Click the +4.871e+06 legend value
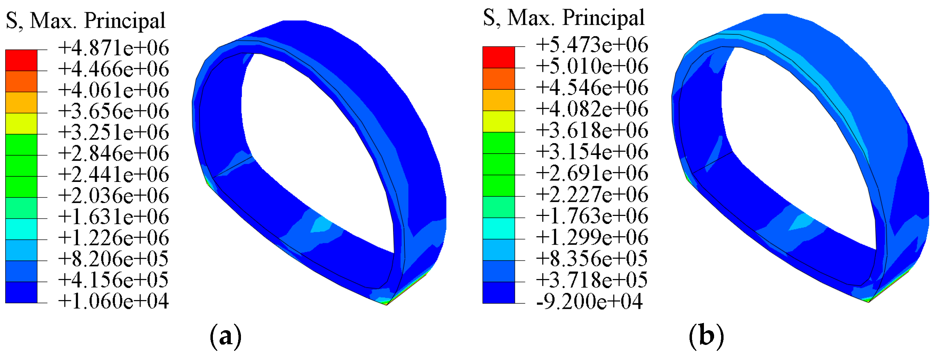(113, 48)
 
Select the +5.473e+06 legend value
(592, 45)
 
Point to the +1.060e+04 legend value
(113, 301)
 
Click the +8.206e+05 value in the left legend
(113, 259)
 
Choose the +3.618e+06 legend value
(592, 130)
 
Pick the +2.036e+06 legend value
(113, 196)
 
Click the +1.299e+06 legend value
(592, 237)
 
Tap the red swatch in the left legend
(21, 60)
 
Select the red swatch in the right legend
(498, 57)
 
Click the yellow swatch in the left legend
(21, 124)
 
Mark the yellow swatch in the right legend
(498, 121)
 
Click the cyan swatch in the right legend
(498, 229)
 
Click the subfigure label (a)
(225, 337)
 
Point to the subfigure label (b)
(706, 336)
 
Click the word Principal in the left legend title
(125, 21)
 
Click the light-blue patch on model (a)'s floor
(321, 225)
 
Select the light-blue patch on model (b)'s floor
(801, 222)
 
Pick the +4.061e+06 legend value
(113, 90)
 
